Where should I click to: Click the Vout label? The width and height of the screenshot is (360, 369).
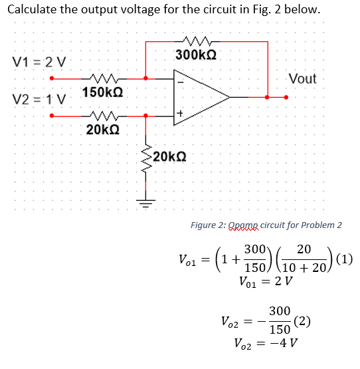[x=302, y=79]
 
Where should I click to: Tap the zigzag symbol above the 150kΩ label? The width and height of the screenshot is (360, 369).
[x=101, y=78]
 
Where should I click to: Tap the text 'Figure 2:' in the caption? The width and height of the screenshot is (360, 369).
[x=208, y=225]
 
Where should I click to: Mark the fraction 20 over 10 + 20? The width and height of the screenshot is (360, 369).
[x=305, y=259]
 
